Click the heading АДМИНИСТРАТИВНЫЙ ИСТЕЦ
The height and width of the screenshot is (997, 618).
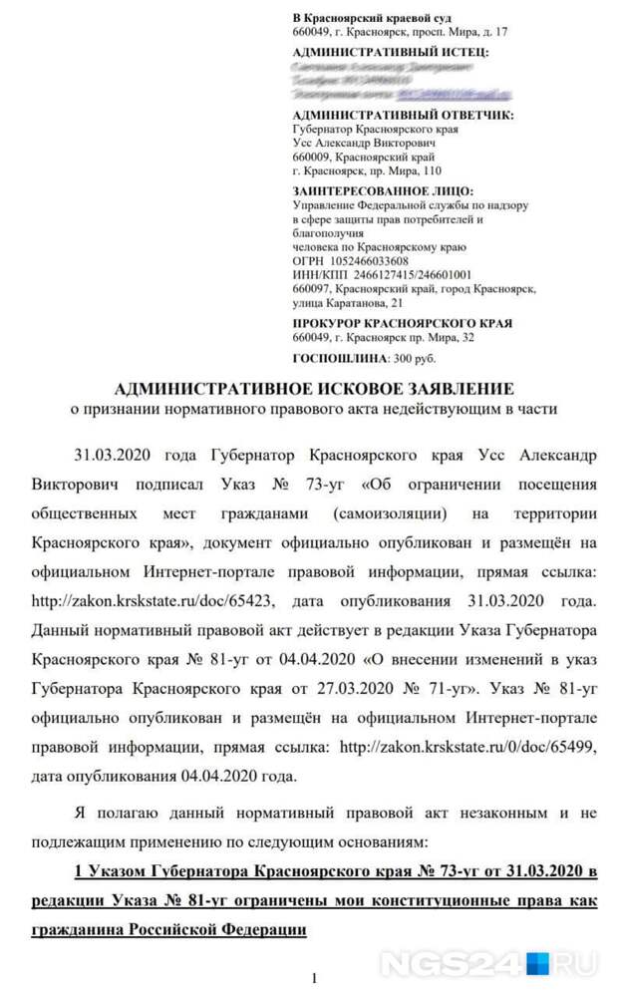(391, 50)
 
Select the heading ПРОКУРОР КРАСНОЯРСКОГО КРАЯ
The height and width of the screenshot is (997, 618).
(403, 323)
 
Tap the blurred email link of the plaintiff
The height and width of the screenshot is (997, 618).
(454, 95)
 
